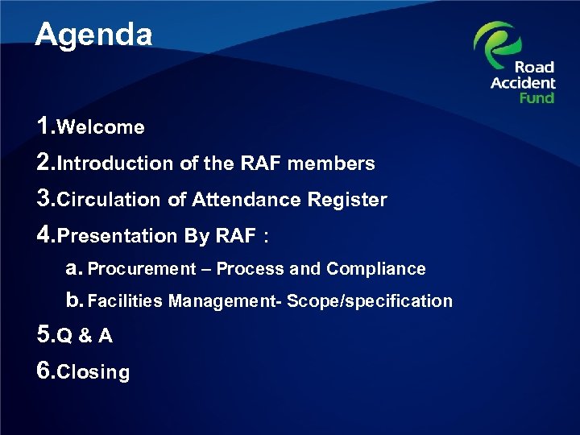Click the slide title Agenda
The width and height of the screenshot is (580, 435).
point(93,34)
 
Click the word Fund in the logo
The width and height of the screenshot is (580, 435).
point(536,97)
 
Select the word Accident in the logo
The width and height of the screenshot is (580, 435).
point(524,82)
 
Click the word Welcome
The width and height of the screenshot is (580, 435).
point(101,127)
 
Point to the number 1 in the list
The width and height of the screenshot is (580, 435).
point(45,126)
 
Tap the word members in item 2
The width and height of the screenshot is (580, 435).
point(331,164)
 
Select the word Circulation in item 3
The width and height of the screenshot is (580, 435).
point(110,200)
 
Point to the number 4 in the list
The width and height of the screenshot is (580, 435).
point(45,234)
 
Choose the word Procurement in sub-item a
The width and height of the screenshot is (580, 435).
point(142,269)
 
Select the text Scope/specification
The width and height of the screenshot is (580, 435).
point(370,301)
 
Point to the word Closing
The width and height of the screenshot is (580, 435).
point(94,372)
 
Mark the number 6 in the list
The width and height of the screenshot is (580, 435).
point(45,371)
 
